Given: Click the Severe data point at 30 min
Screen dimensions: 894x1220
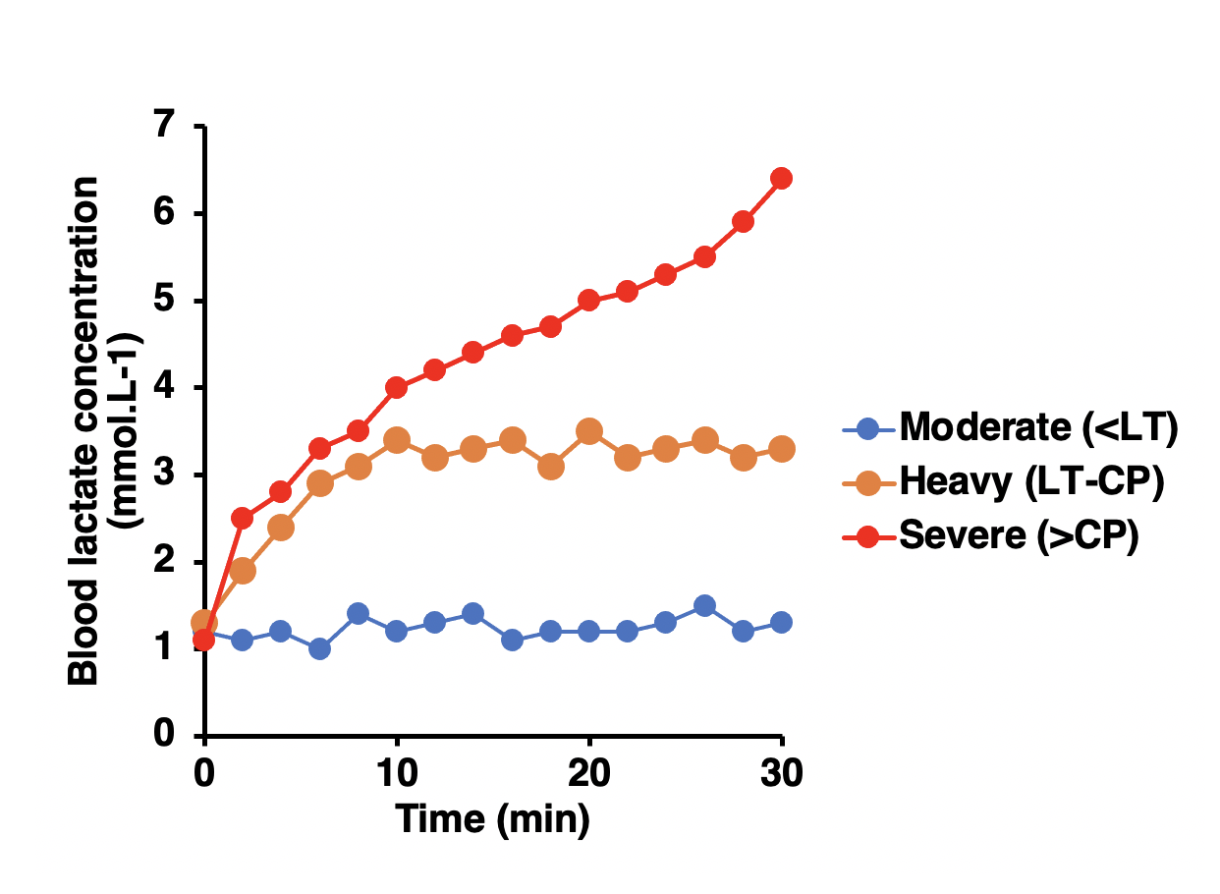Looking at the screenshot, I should point(782,178).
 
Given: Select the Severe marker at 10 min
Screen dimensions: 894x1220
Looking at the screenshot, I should point(397,387).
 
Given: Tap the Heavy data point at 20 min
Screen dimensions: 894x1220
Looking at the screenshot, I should point(589,431).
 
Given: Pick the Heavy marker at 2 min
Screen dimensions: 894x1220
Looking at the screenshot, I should point(243,571).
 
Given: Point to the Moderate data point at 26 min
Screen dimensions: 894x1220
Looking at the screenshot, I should point(704,605).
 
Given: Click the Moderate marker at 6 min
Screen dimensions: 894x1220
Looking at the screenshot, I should point(319,648).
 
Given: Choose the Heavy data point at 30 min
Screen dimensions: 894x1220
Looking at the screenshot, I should point(782,449).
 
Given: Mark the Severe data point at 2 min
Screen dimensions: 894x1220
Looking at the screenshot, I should point(243,518).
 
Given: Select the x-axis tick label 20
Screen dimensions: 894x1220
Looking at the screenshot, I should point(589,774).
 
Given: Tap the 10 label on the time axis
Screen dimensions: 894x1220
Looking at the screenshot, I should point(397,774).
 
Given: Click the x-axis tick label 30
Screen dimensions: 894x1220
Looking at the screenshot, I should point(782,774).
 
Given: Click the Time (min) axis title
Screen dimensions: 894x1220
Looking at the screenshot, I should point(492,818).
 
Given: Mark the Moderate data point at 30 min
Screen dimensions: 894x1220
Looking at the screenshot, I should point(782,622).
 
